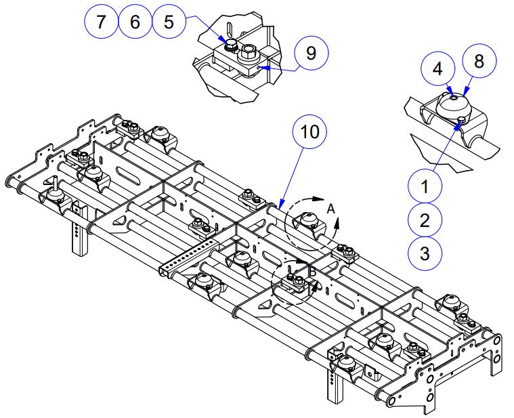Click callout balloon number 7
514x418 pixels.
tap(102, 22)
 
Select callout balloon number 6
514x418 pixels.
tap(135, 22)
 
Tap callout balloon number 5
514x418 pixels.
tap(169, 22)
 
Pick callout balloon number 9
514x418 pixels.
tap(310, 54)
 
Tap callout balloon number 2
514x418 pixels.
tap(425, 220)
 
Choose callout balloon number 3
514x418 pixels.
tap(425, 253)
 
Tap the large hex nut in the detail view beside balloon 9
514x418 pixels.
tap(249, 51)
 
